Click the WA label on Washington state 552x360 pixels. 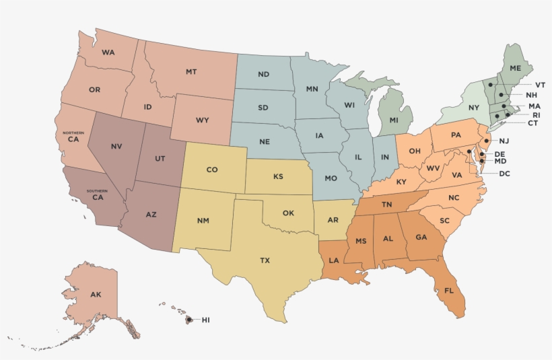(x=108, y=52)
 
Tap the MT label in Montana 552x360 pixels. (x=191, y=71)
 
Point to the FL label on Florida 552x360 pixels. (x=448, y=291)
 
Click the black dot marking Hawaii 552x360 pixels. (x=189, y=320)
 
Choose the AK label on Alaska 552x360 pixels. (x=96, y=295)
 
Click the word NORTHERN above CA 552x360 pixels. (x=73, y=133)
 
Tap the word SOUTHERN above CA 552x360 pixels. (x=98, y=190)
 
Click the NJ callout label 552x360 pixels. (x=504, y=140)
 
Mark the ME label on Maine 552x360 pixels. (x=515, y=69)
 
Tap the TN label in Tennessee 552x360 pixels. (x=387, y=205)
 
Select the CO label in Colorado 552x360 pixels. (x=211, y=170)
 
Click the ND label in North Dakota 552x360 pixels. (x=264, y=74)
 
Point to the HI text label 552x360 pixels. (x=205, y=320)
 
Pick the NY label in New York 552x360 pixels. (x=473, y=108)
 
